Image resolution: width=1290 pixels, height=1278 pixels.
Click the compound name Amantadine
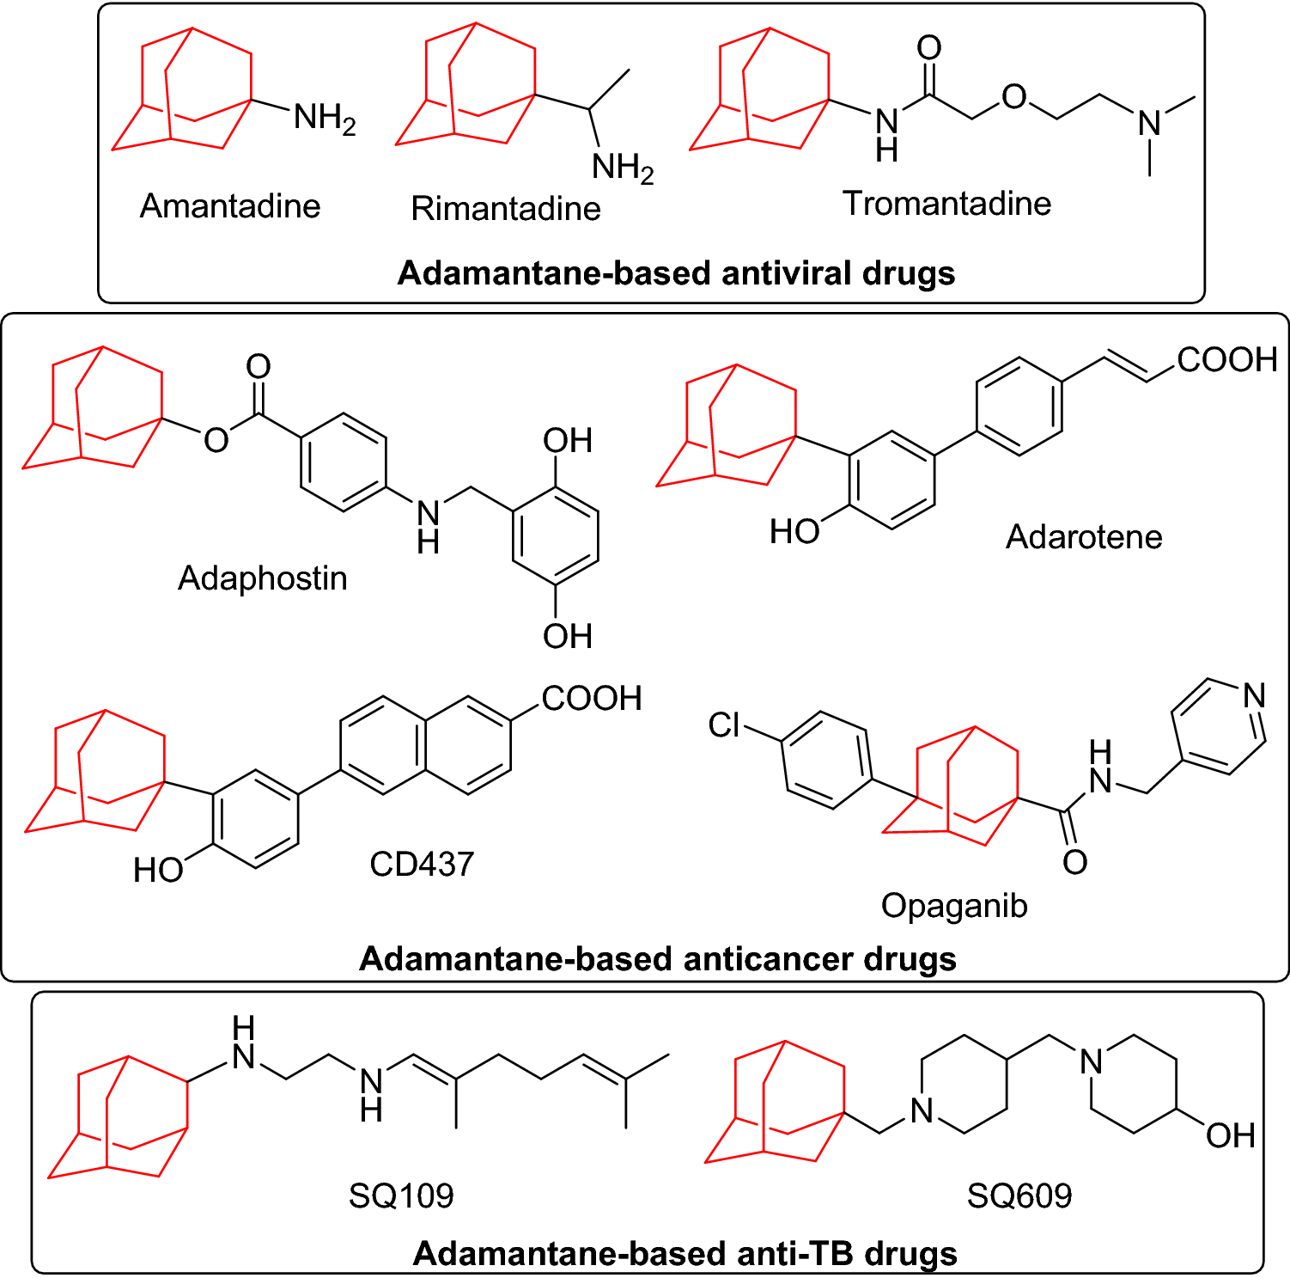[230, 206]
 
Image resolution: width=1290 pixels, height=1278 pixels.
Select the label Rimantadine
[506, 209]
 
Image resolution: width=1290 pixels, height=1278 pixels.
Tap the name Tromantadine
[946, 204]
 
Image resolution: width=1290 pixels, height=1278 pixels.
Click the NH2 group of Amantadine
[324, 118]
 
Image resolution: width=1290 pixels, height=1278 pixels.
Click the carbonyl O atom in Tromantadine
[929, 48]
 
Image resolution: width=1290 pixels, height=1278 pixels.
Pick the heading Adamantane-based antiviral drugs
[677, 273]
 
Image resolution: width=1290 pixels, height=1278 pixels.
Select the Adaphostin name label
[263, 578]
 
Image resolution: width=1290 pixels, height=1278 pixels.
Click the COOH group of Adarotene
[1227, 359]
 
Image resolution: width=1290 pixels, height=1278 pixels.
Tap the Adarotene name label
[1084, 537]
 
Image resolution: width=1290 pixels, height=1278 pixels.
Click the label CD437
[422, 864]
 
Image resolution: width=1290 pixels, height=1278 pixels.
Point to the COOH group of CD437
[592, 698]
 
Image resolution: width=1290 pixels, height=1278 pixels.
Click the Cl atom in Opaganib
[724, 725]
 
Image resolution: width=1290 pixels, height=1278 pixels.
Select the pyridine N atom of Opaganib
[1254, 695]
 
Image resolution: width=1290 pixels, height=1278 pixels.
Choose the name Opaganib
[954, 906]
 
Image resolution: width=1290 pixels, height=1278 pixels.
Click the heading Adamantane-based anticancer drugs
[658, 958]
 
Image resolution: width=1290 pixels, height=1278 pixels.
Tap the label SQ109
[401, 1195]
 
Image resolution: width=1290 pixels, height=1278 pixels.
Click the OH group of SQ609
[1231, 1135]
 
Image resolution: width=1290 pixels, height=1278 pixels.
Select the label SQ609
[1019, 1195]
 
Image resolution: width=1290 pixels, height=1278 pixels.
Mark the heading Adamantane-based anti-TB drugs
[685, 1254]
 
